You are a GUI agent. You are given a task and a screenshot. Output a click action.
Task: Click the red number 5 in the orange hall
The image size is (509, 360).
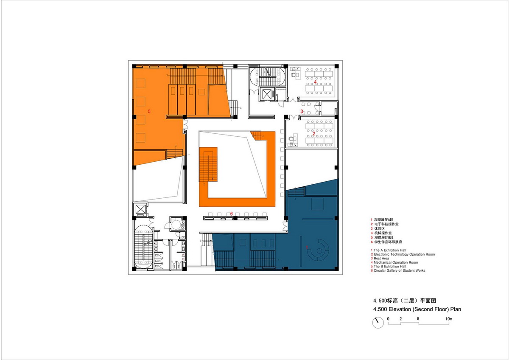[149, 111]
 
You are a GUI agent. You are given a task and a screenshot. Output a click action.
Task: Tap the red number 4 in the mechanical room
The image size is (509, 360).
[315, 82]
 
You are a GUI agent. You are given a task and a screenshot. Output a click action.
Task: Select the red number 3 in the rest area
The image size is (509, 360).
[302, 112]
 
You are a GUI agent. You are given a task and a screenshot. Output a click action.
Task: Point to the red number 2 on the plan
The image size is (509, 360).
[313, 134]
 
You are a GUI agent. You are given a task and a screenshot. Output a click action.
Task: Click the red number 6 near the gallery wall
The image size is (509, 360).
[231, 214]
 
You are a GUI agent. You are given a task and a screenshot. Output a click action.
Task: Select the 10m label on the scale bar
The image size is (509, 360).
[448, 318]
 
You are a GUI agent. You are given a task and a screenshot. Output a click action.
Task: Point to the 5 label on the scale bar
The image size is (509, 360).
[418, 318]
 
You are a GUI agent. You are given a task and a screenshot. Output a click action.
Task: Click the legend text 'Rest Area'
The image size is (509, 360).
[382, 258]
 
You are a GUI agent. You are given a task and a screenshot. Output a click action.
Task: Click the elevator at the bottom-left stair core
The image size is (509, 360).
[140, 209]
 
